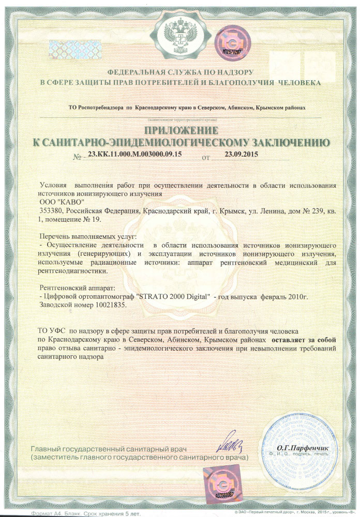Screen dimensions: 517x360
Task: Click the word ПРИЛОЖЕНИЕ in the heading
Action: pos(181,130)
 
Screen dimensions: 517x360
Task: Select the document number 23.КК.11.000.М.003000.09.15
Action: pos(135,155)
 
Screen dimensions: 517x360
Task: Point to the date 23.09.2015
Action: pos(241,154)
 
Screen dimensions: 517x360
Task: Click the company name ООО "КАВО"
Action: pos(61,202)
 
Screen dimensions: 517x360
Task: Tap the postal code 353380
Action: pos(52,211)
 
